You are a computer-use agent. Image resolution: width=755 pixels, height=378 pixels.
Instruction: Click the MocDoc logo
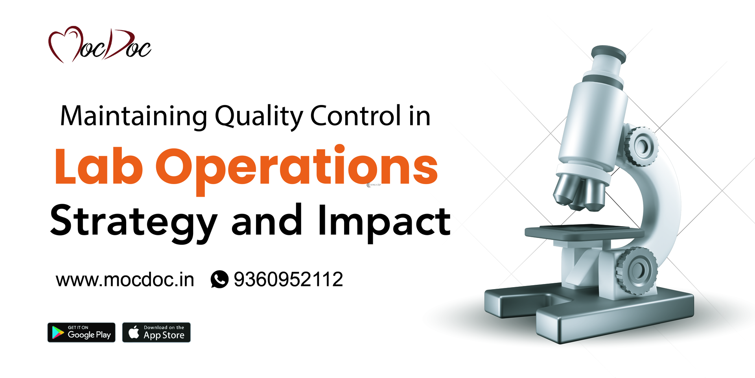point(99,45)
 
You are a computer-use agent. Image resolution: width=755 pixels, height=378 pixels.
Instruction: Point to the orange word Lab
point(98,167)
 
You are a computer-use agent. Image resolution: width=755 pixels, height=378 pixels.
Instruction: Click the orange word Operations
point(296,168)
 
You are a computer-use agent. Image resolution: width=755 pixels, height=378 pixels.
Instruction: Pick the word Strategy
point(134,221)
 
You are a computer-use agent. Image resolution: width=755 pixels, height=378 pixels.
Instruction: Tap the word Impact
point(384,221)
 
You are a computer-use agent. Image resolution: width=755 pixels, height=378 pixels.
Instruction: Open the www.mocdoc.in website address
point(125,280)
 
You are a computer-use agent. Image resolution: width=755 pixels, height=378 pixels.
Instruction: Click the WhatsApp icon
point(219,279)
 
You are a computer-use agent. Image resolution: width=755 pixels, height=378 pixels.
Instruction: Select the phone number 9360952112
point(288,279)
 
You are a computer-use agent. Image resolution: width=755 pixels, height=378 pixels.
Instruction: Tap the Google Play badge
point(81,332)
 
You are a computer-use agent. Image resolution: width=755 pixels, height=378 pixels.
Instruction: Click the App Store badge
point(156,332)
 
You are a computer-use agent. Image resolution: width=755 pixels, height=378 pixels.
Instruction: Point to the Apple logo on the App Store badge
point(134,332)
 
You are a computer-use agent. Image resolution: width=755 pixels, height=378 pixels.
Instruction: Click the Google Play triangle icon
point(58,332)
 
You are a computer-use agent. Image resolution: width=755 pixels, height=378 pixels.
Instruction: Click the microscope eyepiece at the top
point(608,55)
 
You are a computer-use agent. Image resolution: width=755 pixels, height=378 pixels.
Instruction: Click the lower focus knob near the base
point(637,270)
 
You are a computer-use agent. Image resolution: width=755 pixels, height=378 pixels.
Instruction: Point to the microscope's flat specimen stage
point(582,232)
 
